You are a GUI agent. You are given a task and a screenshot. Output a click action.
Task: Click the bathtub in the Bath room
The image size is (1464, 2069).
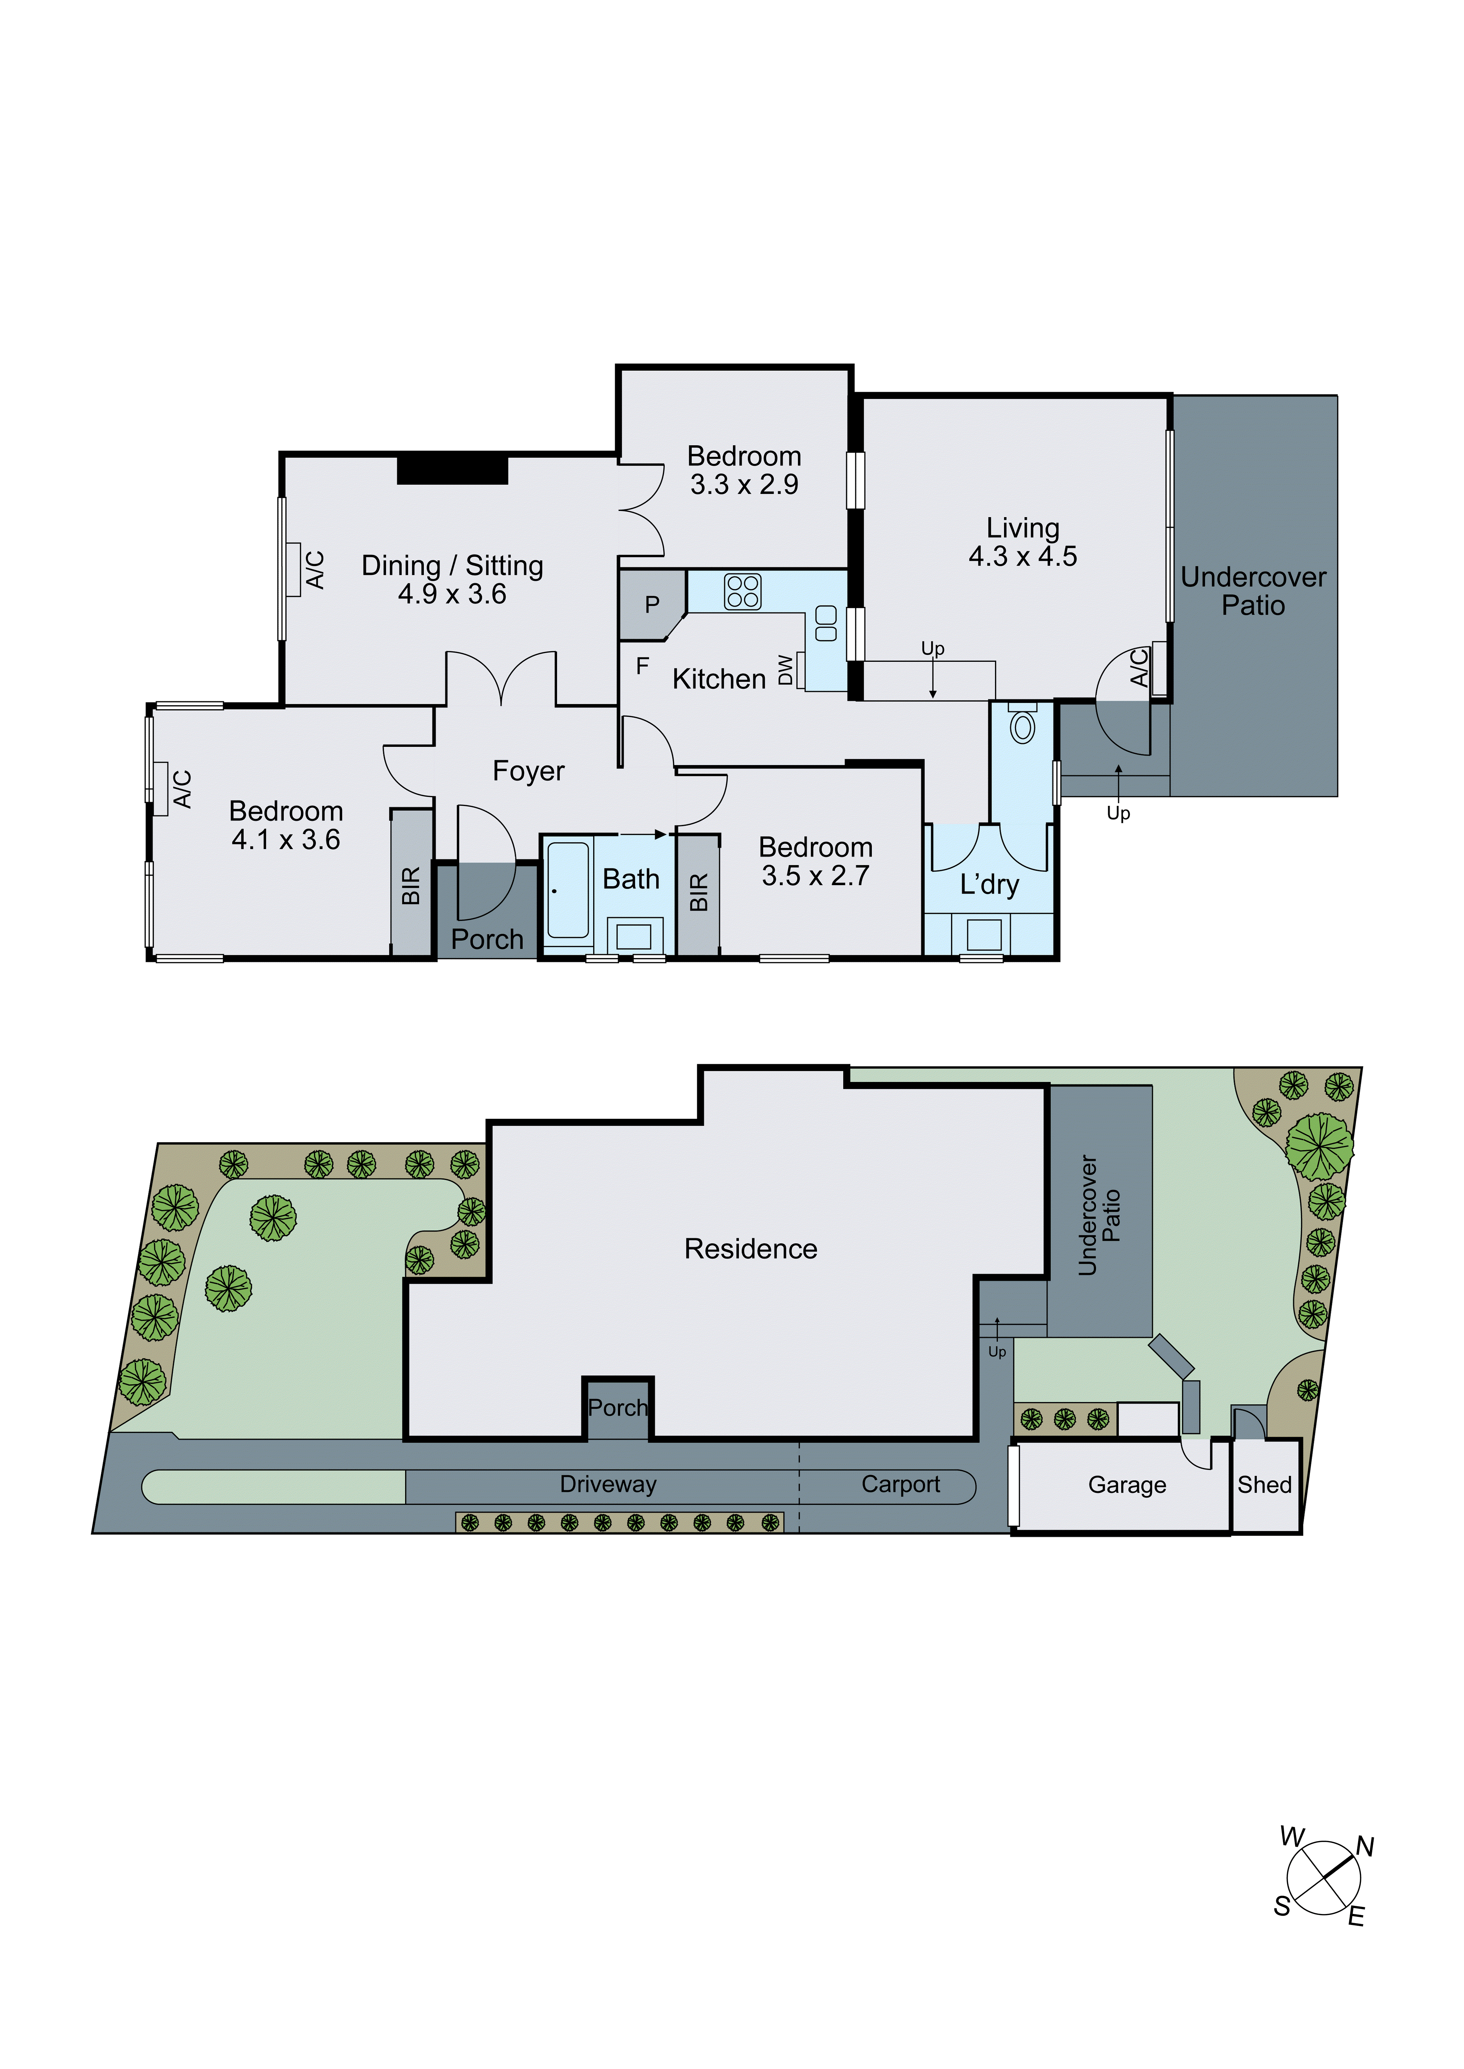point(568,890)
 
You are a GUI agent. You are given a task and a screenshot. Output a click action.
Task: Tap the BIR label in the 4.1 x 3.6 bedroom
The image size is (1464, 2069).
point(411,886)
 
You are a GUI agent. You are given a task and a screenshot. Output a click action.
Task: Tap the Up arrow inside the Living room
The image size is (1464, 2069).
point(933,671)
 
